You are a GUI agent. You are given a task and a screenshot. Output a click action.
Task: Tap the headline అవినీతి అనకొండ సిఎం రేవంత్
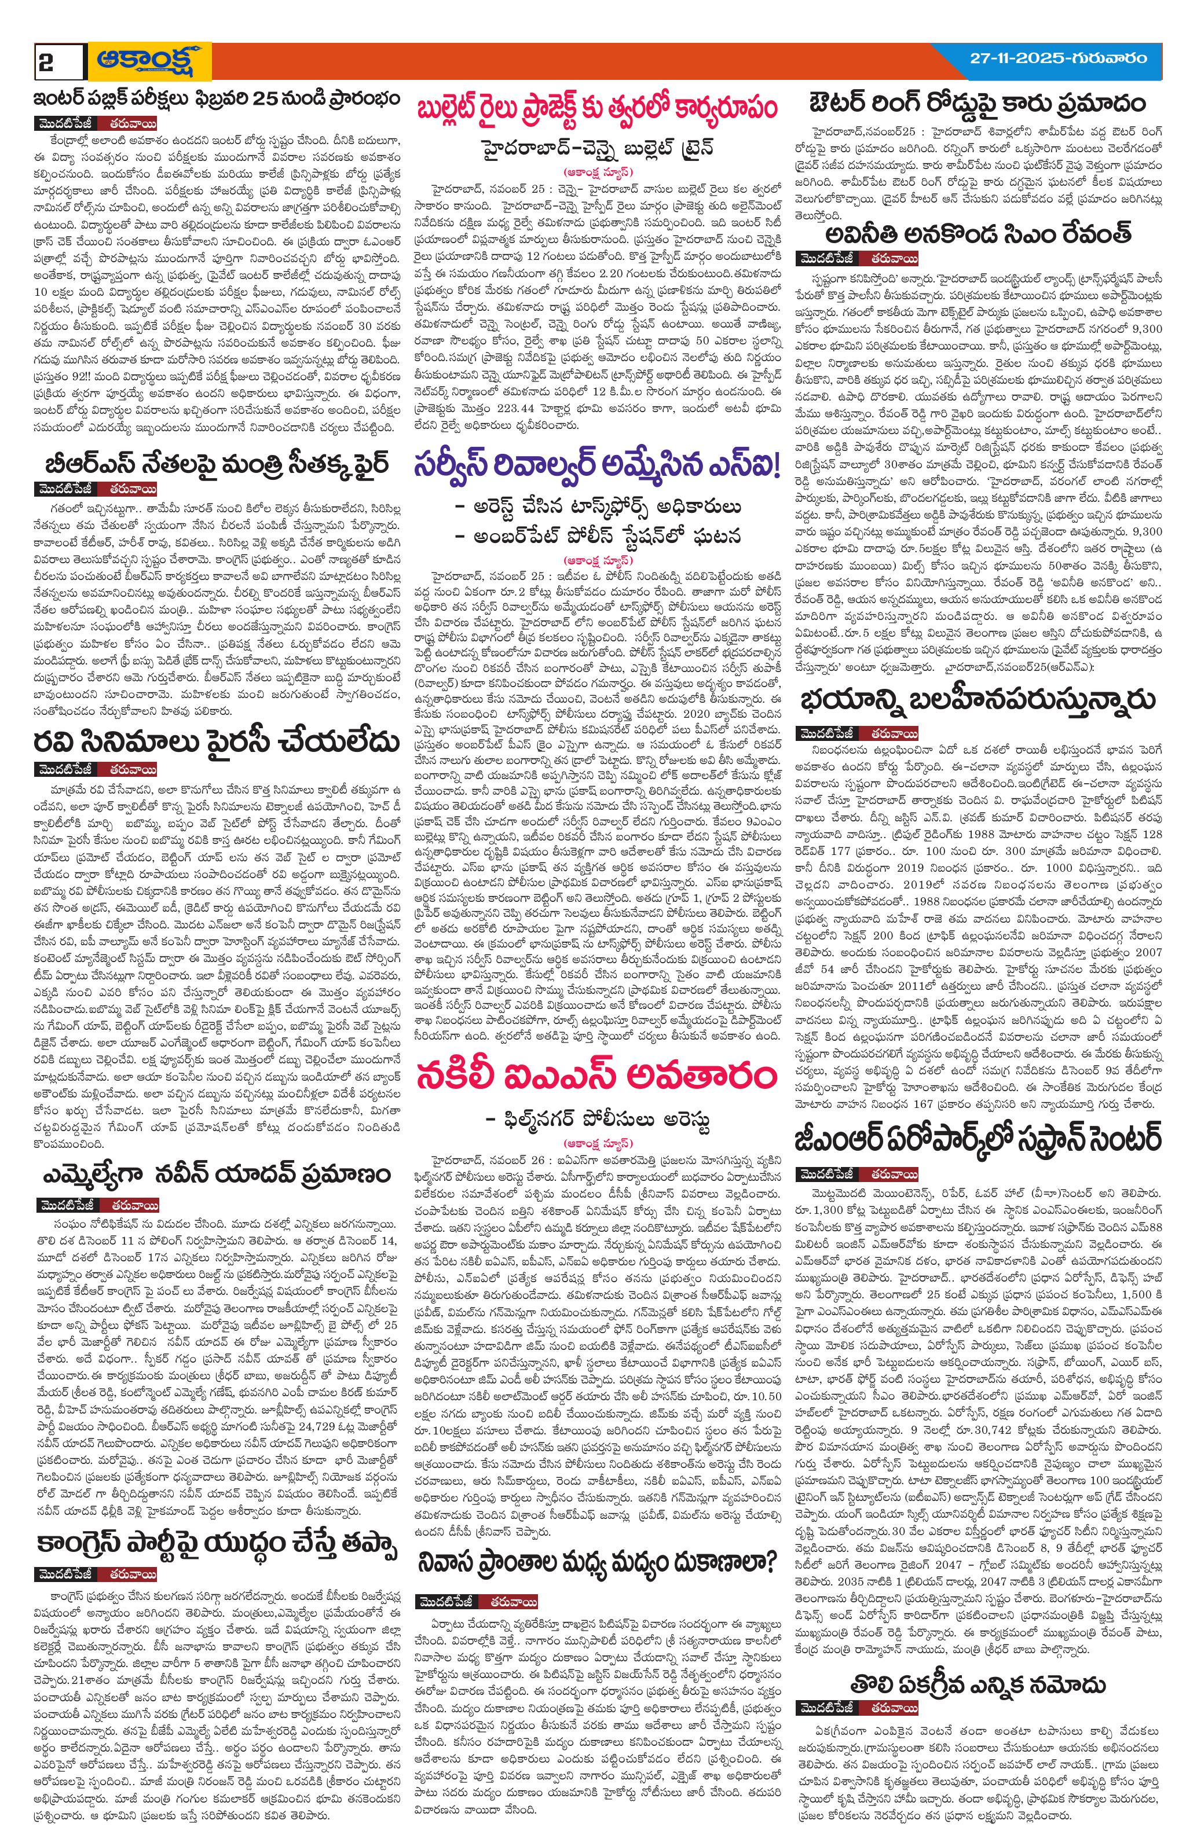click(x=978, y=233)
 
